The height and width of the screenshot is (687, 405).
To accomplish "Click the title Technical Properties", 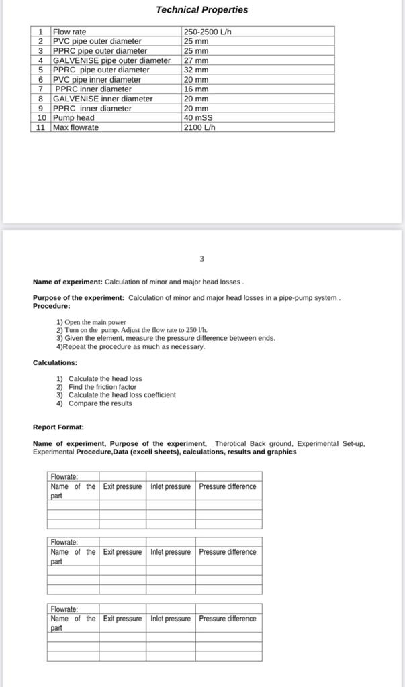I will point(201,10).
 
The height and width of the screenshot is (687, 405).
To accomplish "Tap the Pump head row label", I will point(74,118).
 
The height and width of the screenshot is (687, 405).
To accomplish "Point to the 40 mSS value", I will point(198,118).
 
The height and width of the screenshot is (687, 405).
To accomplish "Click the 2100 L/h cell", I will point(199,127).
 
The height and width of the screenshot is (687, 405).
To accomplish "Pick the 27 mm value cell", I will point(196,60).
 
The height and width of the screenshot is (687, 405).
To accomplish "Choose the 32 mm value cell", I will point(196,70).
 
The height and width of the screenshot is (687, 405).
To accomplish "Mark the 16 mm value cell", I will point(196,89).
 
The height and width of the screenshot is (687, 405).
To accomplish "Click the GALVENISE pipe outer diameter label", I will point(111,60).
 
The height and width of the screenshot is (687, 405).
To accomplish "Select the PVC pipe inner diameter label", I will point(97,80).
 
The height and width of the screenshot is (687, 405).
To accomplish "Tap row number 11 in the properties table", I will point(40,127).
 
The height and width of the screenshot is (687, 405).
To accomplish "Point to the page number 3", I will point(201,258).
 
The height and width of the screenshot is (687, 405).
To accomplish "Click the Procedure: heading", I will point(51,306).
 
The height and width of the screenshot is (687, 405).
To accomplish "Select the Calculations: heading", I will point(55,362).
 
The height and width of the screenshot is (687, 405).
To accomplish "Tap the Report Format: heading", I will point(58,427).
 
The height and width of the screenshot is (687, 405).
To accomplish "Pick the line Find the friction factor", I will point(102,387).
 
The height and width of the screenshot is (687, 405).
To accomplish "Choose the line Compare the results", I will point(100,403).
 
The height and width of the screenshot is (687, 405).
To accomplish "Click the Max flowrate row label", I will point(76,127).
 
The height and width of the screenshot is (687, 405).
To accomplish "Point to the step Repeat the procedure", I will point(130,347).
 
